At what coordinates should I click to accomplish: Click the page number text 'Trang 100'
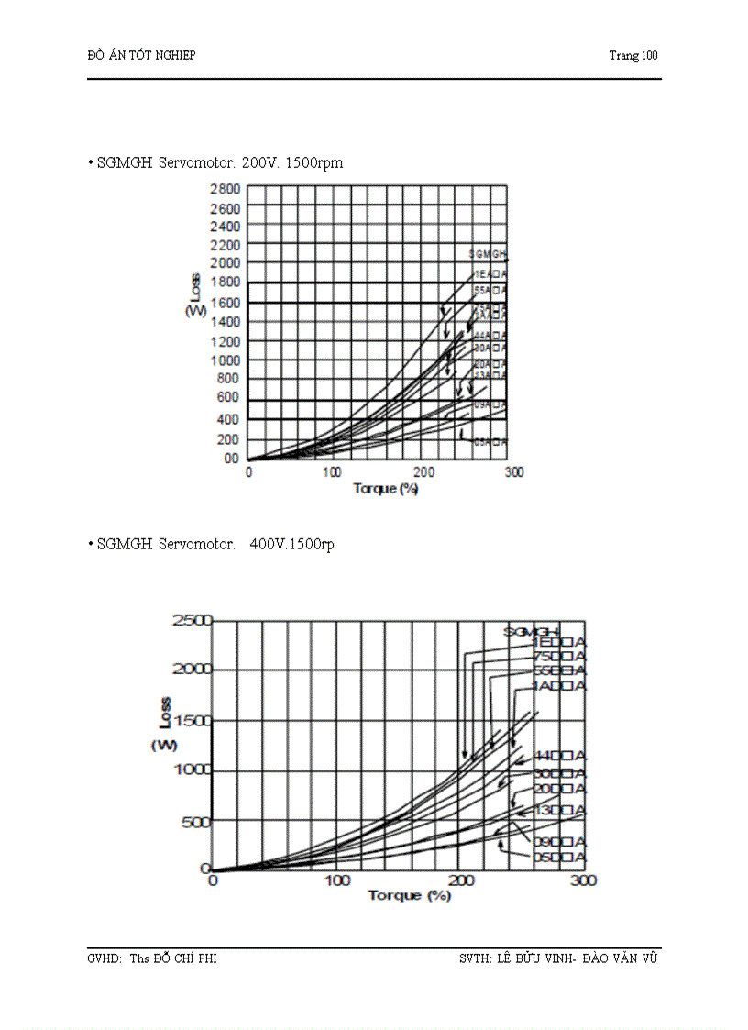633,55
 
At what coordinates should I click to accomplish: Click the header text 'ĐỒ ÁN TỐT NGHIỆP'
141,55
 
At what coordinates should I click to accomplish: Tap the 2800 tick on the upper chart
225,189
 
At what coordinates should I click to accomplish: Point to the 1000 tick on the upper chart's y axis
225,360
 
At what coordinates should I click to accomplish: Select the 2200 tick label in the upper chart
225,245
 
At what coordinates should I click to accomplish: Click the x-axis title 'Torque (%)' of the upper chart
386,488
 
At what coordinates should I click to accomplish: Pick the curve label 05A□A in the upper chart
490,442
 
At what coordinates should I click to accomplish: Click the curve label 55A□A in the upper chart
490,290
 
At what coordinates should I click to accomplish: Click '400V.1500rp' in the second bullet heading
291,544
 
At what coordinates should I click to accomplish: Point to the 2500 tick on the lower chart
192,621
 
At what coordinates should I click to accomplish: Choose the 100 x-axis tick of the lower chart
338,880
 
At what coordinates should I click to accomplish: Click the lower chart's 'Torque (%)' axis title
410,895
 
